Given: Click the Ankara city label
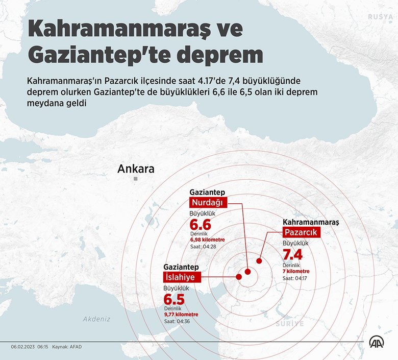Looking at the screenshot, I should (136, 169).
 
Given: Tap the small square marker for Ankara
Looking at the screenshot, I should (136, 180).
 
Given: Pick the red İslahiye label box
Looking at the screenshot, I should (182, 277).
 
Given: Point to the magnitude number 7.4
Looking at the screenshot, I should (293, 255).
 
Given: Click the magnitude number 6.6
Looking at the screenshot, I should (201, 225).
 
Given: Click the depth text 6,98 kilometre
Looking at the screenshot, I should (207, 239).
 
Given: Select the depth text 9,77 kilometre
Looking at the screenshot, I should (181, 315).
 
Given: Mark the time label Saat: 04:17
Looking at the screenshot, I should (295, 278).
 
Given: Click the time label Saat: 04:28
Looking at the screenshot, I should (203, 246).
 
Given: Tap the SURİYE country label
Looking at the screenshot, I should (289, 324).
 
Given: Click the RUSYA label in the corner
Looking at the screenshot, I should (381, 17).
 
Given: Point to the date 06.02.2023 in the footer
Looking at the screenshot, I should (23, 347).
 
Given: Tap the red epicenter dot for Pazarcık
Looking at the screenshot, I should (259, 260).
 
